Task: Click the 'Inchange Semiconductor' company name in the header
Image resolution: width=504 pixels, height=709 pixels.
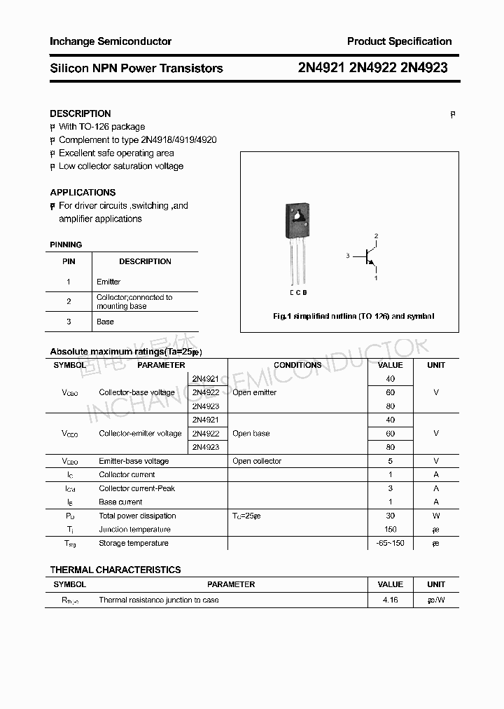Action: click(x=111, y=41)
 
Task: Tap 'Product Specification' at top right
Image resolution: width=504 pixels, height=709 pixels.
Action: click(x=399, y=41)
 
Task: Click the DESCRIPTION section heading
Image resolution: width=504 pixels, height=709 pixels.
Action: click(x=80, y=113)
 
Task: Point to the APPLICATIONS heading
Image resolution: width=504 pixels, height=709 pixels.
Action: click(x=83, y=192)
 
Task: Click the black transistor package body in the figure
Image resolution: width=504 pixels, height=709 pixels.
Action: click(x=297, y=220)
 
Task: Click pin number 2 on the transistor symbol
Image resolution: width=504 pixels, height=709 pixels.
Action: click(x=376, y=236)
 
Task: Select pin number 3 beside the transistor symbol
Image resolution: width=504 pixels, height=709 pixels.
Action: click(x=347, y=256)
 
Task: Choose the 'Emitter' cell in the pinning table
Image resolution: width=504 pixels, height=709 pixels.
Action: click(x=108, y=282)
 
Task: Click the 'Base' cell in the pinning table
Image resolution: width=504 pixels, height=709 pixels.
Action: click(x=105, y=322)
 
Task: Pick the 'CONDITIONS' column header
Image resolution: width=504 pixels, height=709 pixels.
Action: click(x=297, y=365)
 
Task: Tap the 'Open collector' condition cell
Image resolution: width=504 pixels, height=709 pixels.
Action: click(x=257, y=461)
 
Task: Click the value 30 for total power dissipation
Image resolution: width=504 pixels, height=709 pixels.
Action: click(x=390, y=516)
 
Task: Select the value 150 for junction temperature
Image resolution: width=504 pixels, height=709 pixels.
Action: click(x=390, y=530)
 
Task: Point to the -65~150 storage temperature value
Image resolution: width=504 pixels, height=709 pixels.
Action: click(x=390, y=543)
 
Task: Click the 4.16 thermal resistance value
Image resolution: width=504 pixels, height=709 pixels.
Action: click(x=390, y=600)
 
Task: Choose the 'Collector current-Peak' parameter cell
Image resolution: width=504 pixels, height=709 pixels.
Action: click(x=137, y=488)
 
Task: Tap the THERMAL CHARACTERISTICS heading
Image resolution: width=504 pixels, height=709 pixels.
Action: click(x=115, y=570)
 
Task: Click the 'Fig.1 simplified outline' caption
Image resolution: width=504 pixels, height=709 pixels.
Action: click(x=353, y=317)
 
